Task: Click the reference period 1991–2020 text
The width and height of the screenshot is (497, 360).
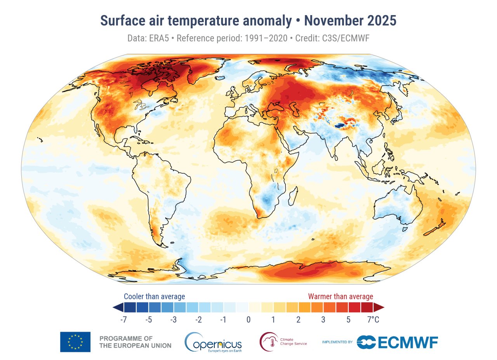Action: pos(268,39)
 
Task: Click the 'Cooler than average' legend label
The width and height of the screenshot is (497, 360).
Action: pos(154,297)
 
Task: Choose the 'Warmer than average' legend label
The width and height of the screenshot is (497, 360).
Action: pos(341,297)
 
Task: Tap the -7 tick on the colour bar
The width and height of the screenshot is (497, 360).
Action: pos(124,320)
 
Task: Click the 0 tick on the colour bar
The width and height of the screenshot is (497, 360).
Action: pos(248,320)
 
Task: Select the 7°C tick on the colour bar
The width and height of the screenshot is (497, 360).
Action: pos(373,320)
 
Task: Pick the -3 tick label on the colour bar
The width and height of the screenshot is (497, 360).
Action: pos(174,320)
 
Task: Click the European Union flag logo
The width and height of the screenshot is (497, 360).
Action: pos(75,342)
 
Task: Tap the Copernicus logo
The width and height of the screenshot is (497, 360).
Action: pos(213,342)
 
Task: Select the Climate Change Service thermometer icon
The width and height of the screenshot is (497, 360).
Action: pos(269,341)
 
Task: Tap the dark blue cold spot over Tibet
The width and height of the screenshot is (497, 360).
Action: pos(340,125)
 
